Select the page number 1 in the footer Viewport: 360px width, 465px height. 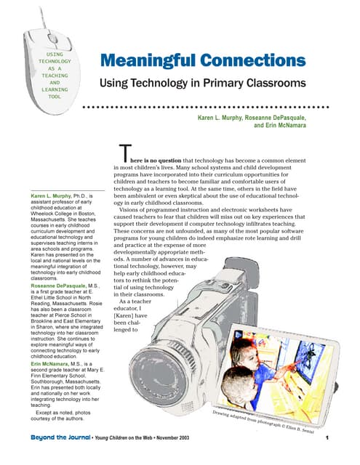click(x=329, y=438)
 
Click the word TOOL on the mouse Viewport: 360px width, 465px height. click(x=55, y=96)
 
